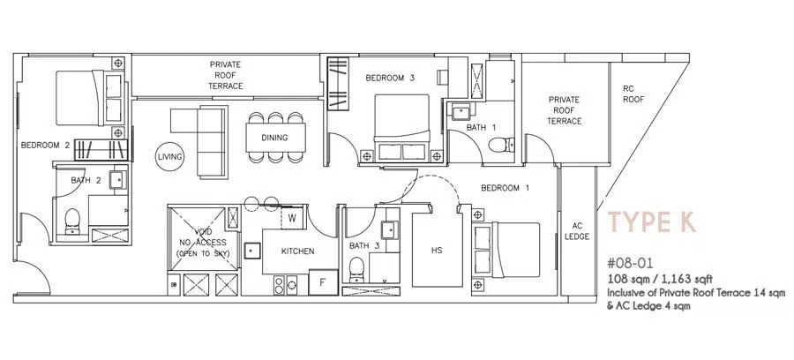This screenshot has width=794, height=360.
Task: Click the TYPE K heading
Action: click(652, 222)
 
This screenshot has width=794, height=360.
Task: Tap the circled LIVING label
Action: click(169, 157)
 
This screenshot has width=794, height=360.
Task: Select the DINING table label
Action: click(275, 138)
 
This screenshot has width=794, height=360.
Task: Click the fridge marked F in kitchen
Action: click(323, 282)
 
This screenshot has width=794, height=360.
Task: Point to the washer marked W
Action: click(292, 218)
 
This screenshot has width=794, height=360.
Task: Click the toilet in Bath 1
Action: click(501, 145)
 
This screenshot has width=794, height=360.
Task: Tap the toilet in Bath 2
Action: click(72, 221)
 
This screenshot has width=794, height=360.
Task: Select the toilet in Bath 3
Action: click(357, 270)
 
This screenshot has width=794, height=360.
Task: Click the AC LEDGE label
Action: click(578, 231)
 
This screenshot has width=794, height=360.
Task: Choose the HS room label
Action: click(437, 250)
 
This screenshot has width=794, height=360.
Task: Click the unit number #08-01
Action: click(630, 263)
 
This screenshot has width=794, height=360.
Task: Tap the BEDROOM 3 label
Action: click(390, 78)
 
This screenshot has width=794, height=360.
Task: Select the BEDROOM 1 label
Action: click(506, 188)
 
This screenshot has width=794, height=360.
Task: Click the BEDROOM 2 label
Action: click(45, 146)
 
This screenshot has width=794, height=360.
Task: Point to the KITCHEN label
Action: click(298, 251)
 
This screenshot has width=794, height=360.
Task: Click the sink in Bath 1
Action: click(461, 111)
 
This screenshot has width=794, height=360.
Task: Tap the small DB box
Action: click(174, 284)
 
